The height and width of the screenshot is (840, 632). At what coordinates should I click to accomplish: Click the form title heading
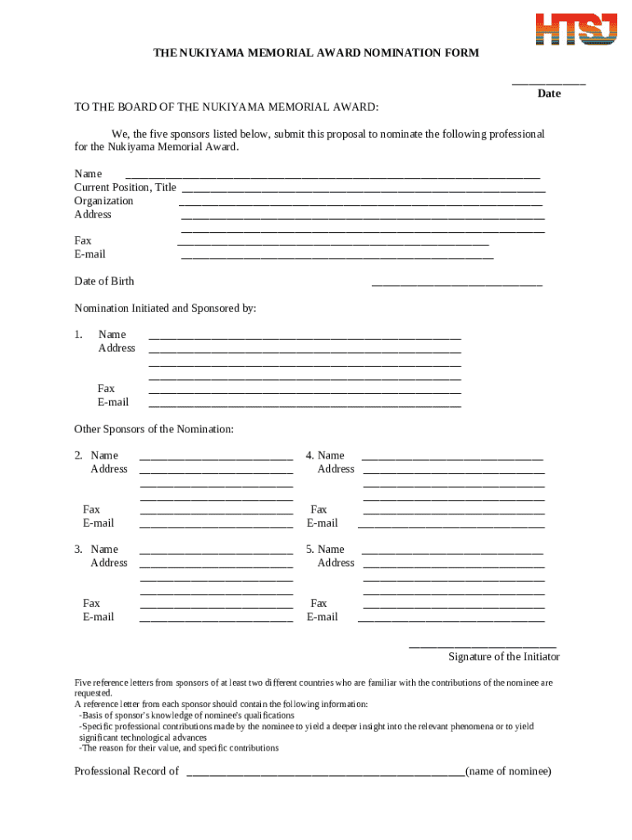[316, 52]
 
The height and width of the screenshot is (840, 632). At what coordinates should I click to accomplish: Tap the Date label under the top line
[549, 94]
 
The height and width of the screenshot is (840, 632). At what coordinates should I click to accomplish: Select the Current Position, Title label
[125, 187]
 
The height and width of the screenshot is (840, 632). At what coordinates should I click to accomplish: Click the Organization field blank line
[360, 204]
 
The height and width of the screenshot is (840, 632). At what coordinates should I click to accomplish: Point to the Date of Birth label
[104, 281]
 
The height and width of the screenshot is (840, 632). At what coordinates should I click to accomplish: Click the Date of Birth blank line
[456, 285]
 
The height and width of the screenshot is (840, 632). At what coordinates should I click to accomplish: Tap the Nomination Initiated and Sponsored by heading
[165, 308]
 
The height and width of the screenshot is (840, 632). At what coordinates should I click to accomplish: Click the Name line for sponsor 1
[305, 338]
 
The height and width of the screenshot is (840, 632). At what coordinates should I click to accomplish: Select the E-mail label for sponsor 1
[113, 402]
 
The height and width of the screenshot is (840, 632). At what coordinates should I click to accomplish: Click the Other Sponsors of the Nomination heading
[154, 429]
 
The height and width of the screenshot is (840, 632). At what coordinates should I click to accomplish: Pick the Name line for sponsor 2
[216, 459]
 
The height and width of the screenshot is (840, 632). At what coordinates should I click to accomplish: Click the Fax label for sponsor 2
[91, 509]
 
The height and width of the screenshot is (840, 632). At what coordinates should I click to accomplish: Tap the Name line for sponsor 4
[452, 459]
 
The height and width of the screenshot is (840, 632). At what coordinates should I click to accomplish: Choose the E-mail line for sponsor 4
[451, 527]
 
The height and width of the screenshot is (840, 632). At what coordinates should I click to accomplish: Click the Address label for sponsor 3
[109, 563]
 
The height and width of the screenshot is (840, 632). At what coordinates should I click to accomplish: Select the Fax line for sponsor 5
[453, 607]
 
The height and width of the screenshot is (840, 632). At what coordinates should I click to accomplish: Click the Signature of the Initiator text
[504, 656]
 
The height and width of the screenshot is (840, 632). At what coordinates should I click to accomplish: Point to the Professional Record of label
[126, 771]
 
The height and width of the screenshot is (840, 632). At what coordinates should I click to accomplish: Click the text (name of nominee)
[508, 771]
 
